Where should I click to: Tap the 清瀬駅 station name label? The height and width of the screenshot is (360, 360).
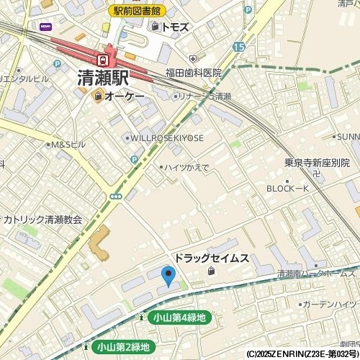[103, 78]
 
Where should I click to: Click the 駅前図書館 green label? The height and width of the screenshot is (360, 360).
[138, 11]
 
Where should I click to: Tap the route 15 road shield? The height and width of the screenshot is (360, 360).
[239, 47]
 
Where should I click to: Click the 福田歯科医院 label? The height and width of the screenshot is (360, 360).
[193, 73]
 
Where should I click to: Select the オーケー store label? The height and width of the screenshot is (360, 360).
[125, 96]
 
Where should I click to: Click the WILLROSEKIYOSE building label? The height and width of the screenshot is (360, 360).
[166, 138]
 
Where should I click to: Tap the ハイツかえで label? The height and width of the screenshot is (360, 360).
[186, 167]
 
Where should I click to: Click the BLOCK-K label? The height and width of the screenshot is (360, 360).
[288, 188]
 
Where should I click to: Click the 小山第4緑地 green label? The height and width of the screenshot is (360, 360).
[179, 318]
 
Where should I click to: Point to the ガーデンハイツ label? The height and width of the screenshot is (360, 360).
[330, 305]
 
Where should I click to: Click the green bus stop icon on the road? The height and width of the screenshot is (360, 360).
[115, 196]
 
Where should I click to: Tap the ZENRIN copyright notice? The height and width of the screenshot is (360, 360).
[302, 354]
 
